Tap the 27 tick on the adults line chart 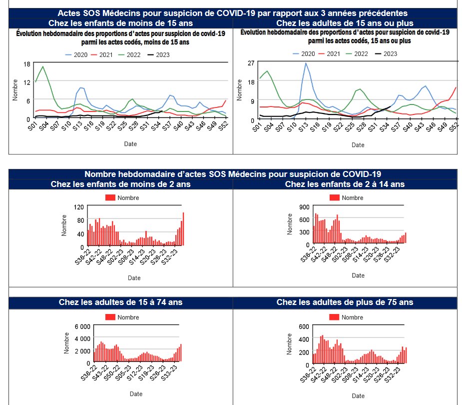coord(251,62)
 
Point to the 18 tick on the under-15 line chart coord(28,63)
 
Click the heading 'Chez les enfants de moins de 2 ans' coord(121,184)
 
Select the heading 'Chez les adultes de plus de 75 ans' coord(345,302)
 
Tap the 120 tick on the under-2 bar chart coord(78,207)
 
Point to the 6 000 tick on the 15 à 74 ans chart coord(83,326)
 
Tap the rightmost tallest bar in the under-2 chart coord(183,229)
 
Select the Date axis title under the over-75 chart coord(358,395)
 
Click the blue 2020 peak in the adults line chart coord(306,63)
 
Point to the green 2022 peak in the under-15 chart coord(43,66)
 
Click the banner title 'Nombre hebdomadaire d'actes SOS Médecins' coord(233,174)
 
